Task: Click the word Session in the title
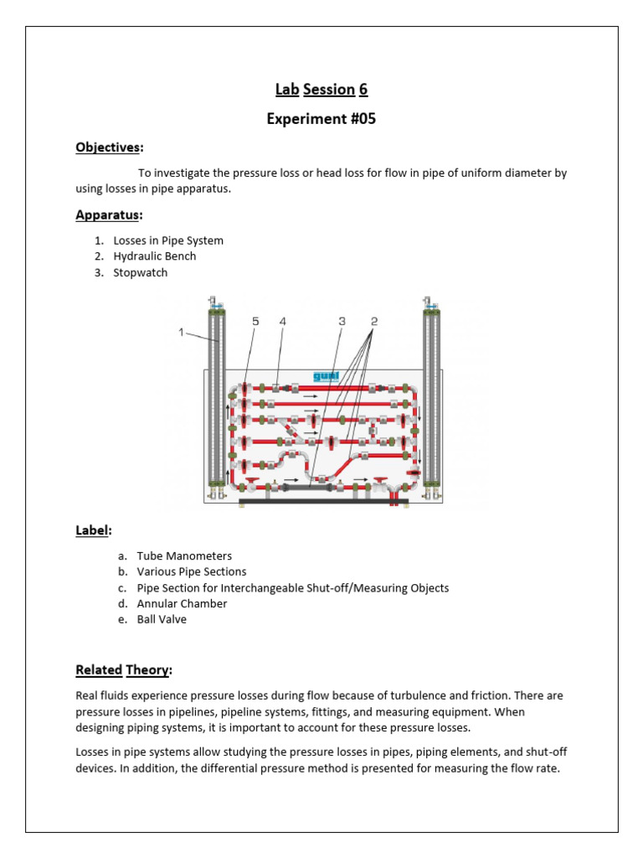click(x=329, y=90)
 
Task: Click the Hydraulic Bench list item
click(x=155, y=256)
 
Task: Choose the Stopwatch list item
click(x=141, y=272)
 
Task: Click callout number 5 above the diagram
click(x=255, y=321)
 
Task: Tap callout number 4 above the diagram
click(x=282, y=321)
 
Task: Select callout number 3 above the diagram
click(x=342, y=321)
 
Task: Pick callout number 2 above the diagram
click(x=374, y=321)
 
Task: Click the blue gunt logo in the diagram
click(x=325, y=376)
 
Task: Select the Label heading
click(x=93, y=530)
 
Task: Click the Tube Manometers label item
click(x=184, y=556)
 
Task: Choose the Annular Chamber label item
click(x=182, y=603)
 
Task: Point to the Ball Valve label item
click(x=162, y=619)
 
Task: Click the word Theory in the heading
click(x=148, y=670)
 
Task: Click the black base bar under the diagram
click(x=323, y=501)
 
